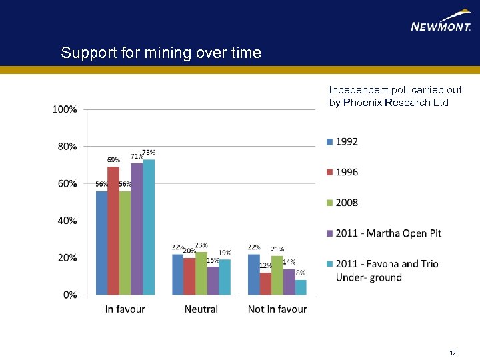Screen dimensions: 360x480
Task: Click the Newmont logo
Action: [441, 21]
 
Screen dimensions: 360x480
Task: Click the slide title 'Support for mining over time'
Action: [161, 53]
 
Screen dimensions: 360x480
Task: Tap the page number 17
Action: [453, 353]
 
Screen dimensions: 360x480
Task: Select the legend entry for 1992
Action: [342, 141]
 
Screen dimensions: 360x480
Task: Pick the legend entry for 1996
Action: [342, 172]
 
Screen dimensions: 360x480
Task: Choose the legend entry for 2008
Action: [342, 203]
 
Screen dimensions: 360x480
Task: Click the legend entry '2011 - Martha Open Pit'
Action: [383, 233]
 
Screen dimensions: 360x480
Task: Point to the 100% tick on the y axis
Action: [65, 109]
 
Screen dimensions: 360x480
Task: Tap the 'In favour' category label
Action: [125, 309]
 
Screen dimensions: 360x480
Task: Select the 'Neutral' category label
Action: [201, 309]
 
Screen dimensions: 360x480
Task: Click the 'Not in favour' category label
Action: [277, 309]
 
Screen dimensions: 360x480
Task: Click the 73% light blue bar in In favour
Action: [149, 227]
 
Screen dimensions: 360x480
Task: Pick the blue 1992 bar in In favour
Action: [101, 243]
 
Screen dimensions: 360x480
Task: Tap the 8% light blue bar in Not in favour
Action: [301, 287]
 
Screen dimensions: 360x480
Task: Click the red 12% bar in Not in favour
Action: [266, 283]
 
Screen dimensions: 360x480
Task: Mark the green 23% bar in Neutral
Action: [201, 273]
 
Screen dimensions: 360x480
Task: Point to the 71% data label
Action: [137, 156]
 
